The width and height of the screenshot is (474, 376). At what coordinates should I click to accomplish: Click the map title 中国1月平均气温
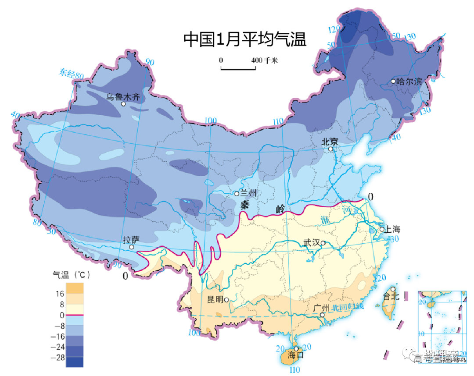pyautogui.click(x=244, y=39)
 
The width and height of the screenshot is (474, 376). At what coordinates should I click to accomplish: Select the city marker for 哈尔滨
pyautogui.click(x=393, y=82)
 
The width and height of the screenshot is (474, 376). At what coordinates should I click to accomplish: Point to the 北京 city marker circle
pyautogui.click(x=331, y=149)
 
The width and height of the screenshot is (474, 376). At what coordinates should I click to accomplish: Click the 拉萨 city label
pyautogui.click(x=131, y=240)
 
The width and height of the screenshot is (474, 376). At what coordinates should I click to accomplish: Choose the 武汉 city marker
pyautogui.click(x=323, y=243)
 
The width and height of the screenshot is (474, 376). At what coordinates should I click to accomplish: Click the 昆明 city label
pyautogui.click(x=215, y=300)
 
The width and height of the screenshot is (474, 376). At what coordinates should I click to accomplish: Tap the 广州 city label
pyautogui.click(x=322, y=308)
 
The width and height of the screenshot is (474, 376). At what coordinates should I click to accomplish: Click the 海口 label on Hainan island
pyautogui.click(x=295, y=355)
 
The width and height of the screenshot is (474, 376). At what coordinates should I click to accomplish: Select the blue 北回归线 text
pyautogui.click(x=348, y=307)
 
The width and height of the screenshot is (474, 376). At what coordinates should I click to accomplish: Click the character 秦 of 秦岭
pyautogui.click(x=245, y=204)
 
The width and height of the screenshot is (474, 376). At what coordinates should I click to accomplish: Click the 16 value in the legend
pyautogui.click(x=60, y=294)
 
